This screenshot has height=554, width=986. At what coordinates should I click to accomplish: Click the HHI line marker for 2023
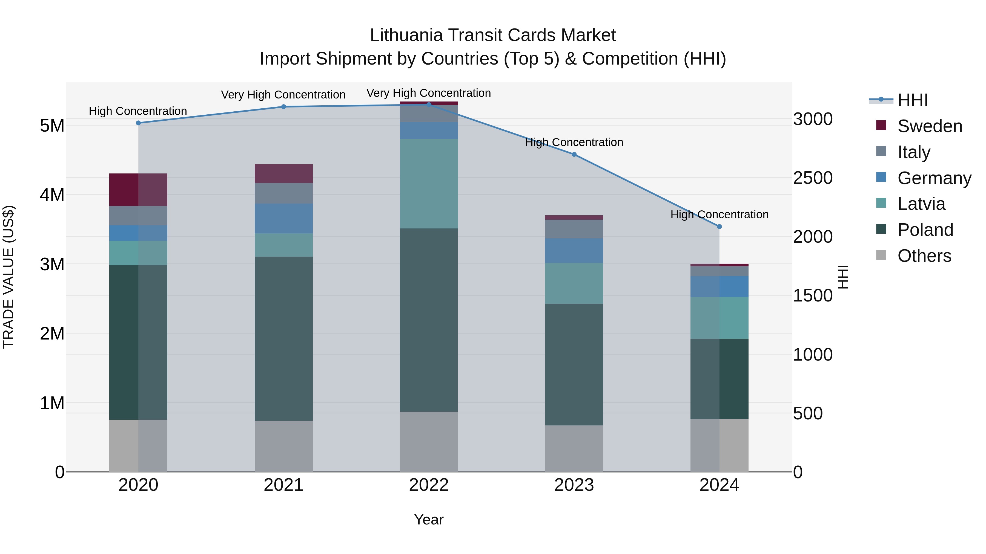[574, 155]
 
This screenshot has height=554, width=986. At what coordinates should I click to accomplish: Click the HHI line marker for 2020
[139, 123]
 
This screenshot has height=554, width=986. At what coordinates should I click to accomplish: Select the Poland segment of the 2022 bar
[429, 320]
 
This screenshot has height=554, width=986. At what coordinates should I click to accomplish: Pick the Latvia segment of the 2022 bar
[429, 184]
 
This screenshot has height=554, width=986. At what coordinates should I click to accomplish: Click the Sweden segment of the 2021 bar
[284, 173]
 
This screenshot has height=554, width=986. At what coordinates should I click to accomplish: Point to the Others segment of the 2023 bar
[574, 448]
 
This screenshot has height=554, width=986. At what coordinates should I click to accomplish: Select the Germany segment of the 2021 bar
[284, 218]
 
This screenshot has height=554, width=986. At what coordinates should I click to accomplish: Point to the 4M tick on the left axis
[52, 195]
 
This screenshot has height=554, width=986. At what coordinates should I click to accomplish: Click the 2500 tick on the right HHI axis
[812, 178]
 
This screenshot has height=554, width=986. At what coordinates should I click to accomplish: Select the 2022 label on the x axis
[429, 485]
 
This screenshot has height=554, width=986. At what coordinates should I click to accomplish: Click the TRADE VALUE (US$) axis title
[8, 277]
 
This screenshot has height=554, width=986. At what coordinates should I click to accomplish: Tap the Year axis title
[429, 520]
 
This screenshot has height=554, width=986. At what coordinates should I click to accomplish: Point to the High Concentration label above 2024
[719, 214]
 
